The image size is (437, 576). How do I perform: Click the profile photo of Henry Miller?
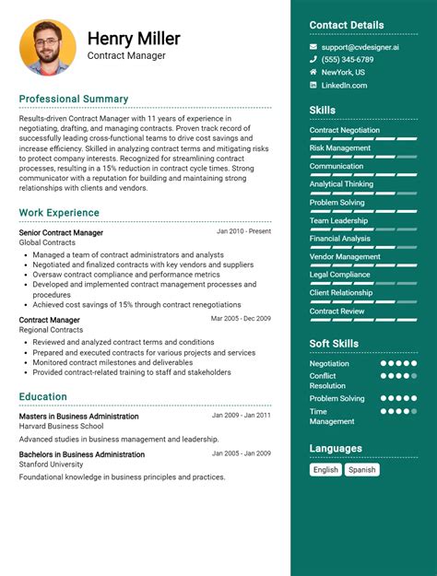(48, 47)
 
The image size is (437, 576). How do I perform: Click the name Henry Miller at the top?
(134, 38)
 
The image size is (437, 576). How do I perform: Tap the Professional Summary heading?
(74, 99)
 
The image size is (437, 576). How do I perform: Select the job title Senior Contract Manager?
(61, 232)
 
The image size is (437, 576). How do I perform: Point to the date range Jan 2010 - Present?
(243, 231)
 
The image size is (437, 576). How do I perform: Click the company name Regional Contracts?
(51, 329)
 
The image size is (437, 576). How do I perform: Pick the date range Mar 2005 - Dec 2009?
(241, 318)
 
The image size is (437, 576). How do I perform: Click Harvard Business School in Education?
(61, 426)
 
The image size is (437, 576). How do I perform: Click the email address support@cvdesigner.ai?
(360, 46)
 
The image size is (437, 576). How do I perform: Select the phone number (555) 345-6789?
(347, 59)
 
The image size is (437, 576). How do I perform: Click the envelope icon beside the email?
(313, 46)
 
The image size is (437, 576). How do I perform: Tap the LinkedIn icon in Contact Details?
(313, 85)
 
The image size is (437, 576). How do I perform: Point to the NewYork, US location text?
(343, 72)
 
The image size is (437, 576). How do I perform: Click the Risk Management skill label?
(340, 147)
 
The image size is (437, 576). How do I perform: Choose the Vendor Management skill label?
(345, 257)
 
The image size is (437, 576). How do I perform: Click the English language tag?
(325, 469)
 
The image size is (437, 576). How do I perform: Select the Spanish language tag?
(362, 469)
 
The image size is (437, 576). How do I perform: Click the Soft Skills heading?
(334, 344)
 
